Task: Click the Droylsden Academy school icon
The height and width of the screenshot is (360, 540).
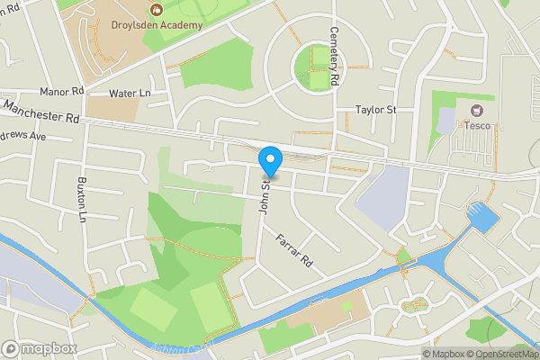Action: (157, 12)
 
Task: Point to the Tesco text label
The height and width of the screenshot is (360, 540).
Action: (478, 125)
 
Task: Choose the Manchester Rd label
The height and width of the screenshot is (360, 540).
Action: (40, 112)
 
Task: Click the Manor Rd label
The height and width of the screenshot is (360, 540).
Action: (61, 91)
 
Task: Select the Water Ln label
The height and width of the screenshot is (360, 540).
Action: (127, 93)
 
